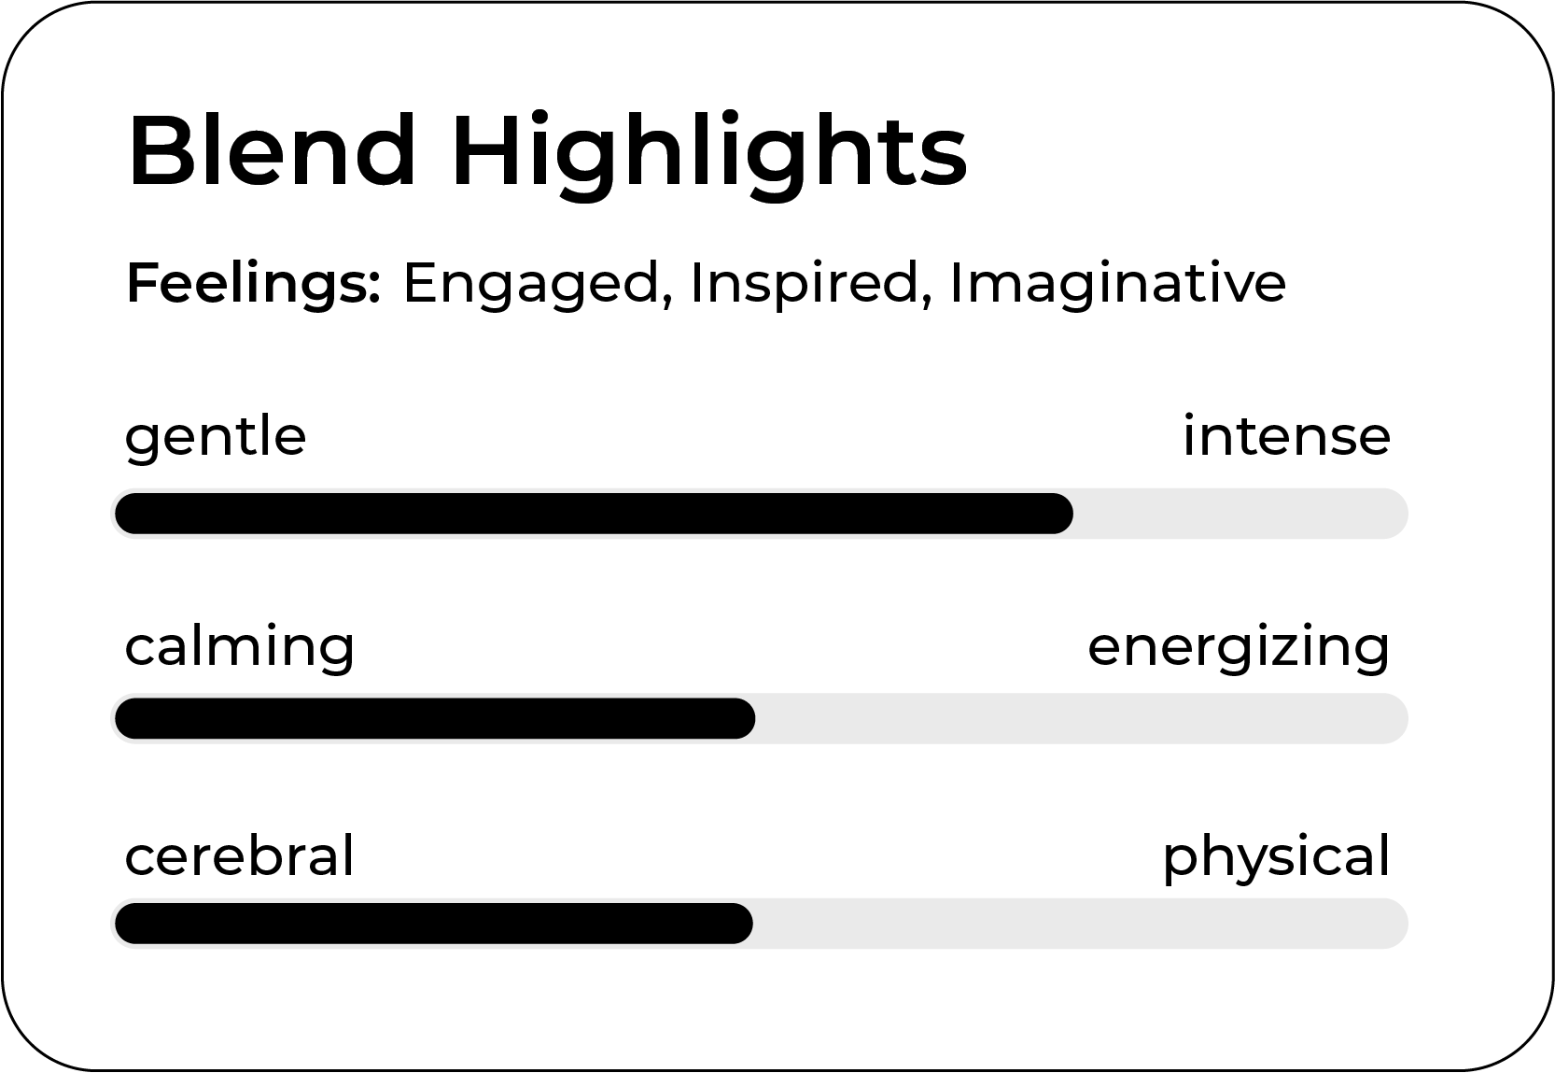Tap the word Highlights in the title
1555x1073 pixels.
coord(709,156)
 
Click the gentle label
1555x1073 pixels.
coord(216,439)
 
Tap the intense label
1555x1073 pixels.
coord(1287,435)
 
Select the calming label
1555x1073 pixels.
coord(240,649)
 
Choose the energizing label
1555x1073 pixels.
coord(1239,649)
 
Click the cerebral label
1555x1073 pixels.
coord(240,854)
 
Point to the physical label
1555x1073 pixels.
coord(1277,858)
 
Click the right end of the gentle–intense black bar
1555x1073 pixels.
coord(1072,514)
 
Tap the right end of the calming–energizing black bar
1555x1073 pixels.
coord(754,719)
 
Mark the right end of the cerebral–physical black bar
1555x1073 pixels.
coord(751,924)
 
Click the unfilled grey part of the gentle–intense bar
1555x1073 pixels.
coord(1240,514)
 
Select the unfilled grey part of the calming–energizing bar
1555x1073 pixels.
coord(1082,719)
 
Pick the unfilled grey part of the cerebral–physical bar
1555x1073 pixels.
coord(1080,924)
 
